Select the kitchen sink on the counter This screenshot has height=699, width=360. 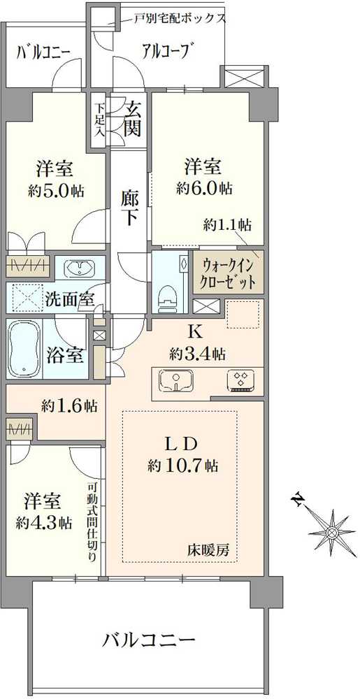(175, 382)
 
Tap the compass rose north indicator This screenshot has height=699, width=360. (331, 533)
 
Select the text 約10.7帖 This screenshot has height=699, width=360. (183, 465)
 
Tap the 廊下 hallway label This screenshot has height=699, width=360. (130, 208)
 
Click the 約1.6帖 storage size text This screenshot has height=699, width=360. (69, 405)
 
